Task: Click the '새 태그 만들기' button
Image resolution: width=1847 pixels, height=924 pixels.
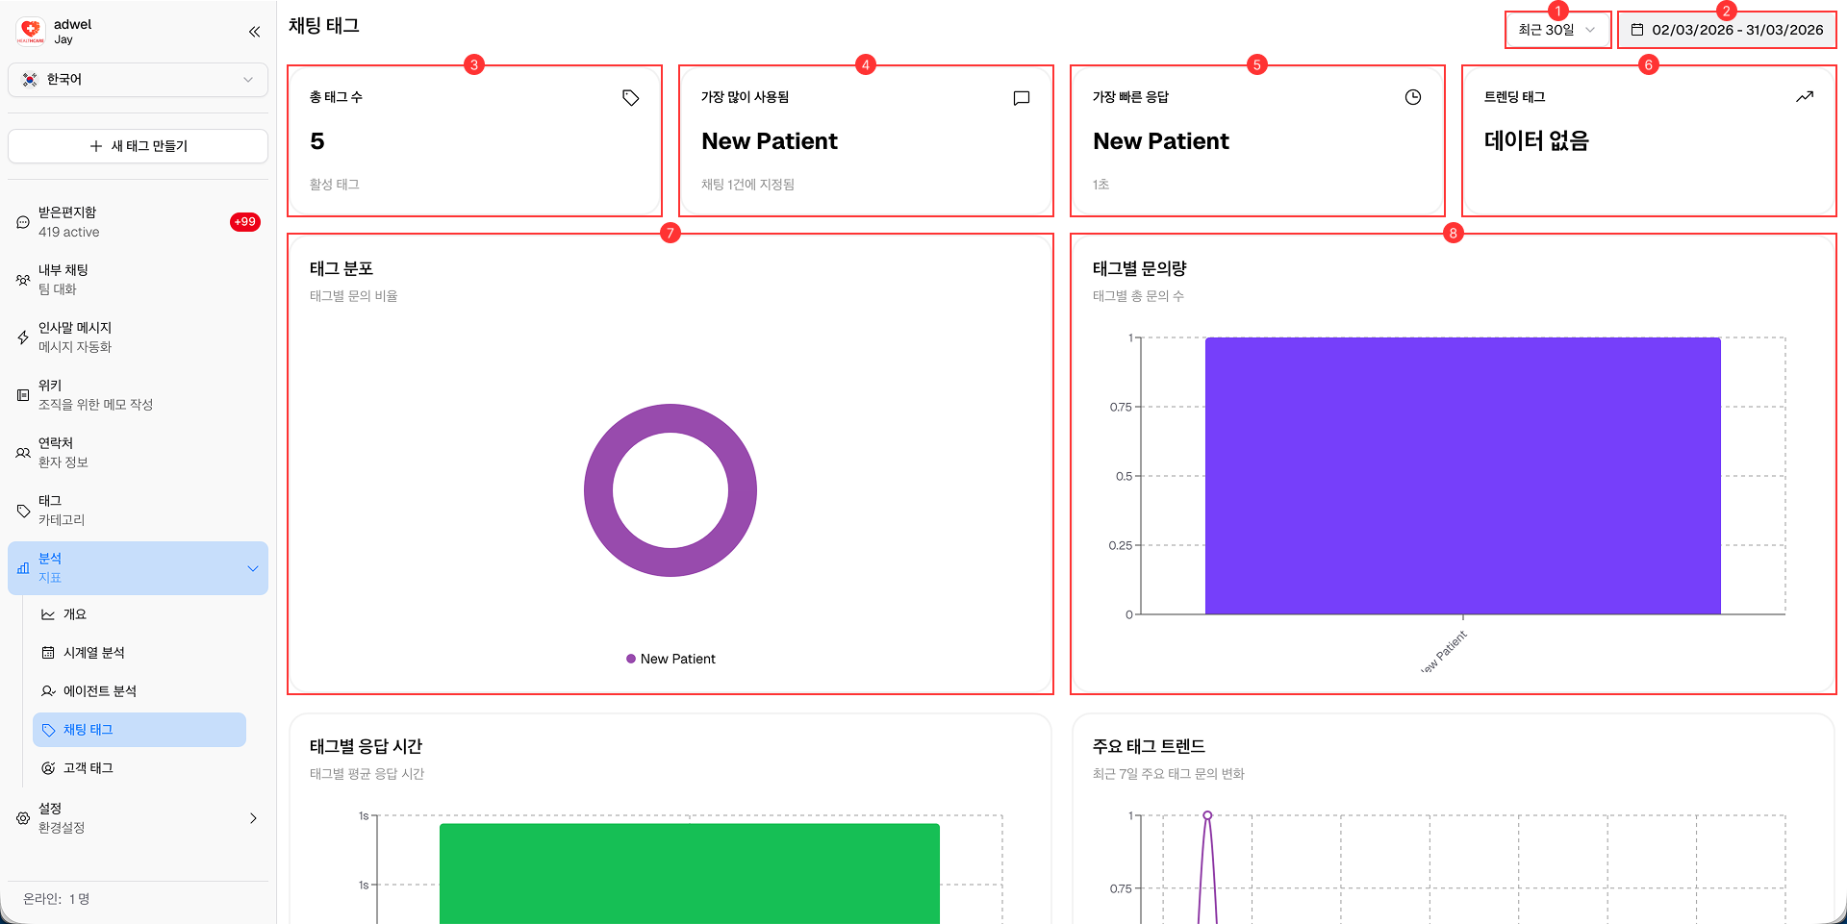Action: click(138, 146)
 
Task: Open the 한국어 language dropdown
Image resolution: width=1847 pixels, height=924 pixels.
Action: click(138, 80)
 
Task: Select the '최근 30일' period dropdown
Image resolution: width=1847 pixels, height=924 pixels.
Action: click(1556, 30)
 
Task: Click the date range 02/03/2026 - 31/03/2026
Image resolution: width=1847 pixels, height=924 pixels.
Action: click(1727, 30)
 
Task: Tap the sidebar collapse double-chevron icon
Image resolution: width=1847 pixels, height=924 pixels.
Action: click(254, 32)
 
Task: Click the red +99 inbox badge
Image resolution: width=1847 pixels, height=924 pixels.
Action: click(245, 222)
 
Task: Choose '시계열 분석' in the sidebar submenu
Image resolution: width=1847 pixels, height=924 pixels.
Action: click(93, 653)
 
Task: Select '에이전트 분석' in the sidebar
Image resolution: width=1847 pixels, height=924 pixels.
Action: click(99, 691)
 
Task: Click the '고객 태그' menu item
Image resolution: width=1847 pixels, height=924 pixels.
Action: click(88, 768)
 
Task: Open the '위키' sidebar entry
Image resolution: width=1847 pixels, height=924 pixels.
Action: click(50, 386)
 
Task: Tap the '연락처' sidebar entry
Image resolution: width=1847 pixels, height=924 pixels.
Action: click(56, 443)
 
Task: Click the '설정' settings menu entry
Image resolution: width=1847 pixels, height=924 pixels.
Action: click(50, 809)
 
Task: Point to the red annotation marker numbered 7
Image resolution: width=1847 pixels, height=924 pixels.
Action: click(670, 233)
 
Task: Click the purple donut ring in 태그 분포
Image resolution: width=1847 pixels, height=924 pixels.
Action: click(598, 490)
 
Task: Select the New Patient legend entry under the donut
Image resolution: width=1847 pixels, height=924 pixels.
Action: click(670, 659)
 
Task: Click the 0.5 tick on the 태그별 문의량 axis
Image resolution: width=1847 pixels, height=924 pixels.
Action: click(1124, 476)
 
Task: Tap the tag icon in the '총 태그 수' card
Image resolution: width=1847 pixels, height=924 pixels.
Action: click(630, 97)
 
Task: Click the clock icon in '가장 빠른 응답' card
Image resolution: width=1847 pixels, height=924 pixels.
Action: click(1412, 97)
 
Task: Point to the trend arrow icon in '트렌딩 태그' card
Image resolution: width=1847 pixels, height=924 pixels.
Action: click(1804, 97)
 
